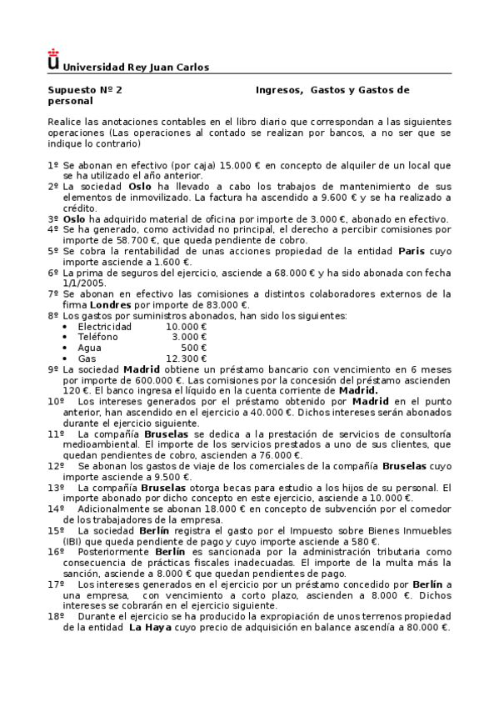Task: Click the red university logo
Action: point(54,59)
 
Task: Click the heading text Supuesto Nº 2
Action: point(85,89)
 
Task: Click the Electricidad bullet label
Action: point(105,327)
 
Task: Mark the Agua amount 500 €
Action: point(194,348)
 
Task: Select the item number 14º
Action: point(56,509)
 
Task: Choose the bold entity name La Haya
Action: point(148,627)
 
